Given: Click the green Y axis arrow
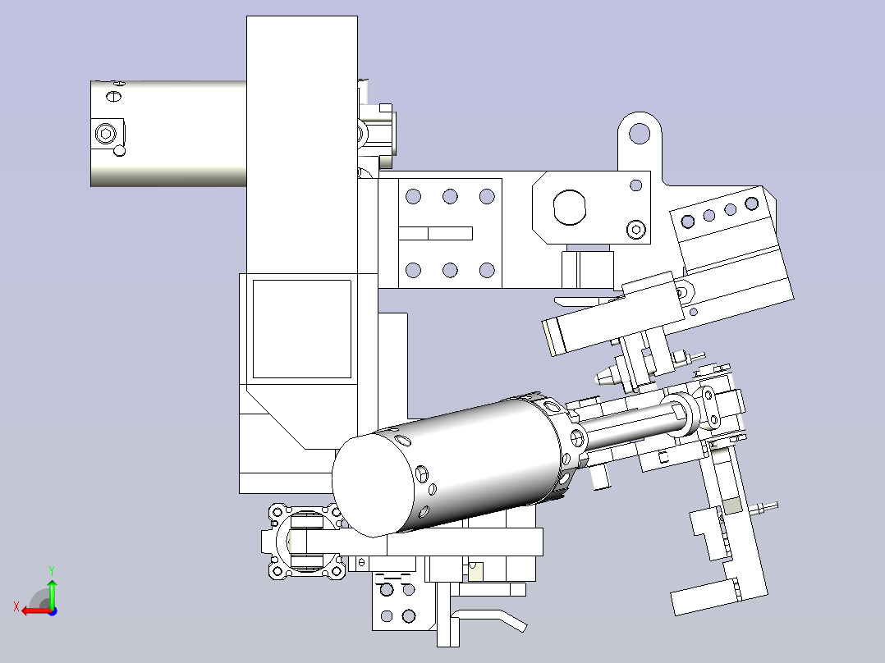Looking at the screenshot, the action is click(52, 592).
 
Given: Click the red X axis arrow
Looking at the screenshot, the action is click(35, 610).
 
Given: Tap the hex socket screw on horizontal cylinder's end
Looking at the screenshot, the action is click(105, 134).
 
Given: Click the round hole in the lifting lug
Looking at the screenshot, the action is click(640, 133).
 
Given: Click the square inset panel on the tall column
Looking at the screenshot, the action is click(302, 329).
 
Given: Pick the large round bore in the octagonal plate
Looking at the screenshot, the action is click(569, 207).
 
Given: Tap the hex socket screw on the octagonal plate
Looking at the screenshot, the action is click(636, 230).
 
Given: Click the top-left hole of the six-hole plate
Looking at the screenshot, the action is click(413, 196).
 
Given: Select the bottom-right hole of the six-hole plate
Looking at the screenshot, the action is click(487, 270).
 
